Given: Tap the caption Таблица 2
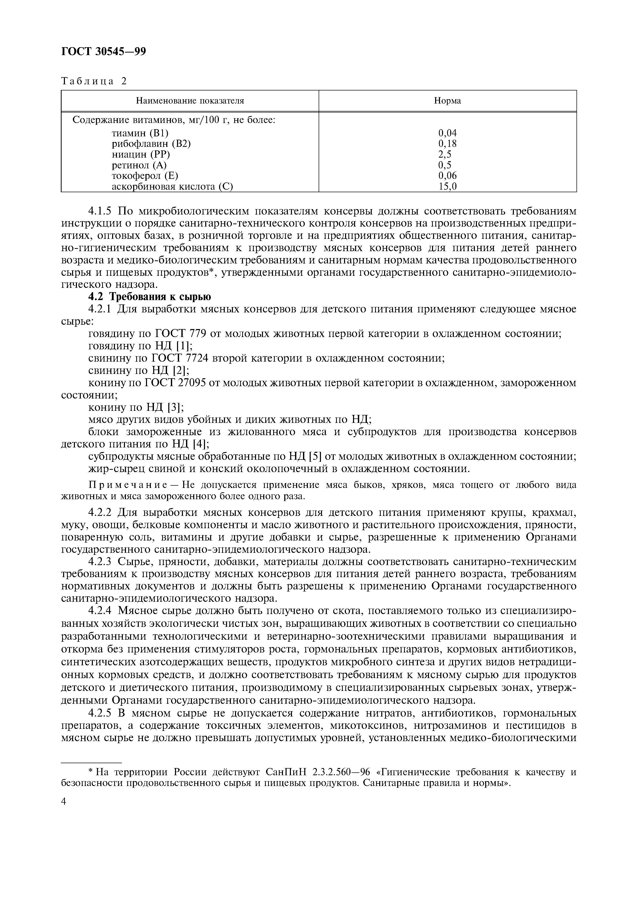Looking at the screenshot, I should [94, 81].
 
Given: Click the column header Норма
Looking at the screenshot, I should [447, 101].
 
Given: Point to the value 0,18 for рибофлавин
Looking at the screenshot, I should [447, 144].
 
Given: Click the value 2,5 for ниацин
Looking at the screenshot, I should [447, 154].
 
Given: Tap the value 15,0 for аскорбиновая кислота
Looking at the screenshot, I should [447, 187].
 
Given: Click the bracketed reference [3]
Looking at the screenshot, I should [173, 408].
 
